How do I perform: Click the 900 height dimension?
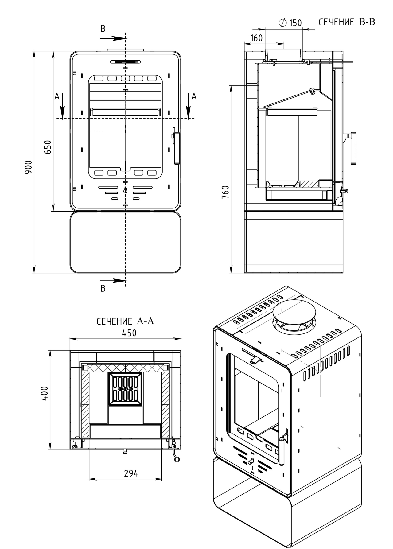pos(28,167)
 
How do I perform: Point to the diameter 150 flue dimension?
pos(290,23)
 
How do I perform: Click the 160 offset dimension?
pos(256,38)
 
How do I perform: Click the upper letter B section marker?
pos(103,29)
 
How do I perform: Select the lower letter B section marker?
pos(103,288)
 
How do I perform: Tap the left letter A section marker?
pos(56,96)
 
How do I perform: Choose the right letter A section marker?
pos(194,96)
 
